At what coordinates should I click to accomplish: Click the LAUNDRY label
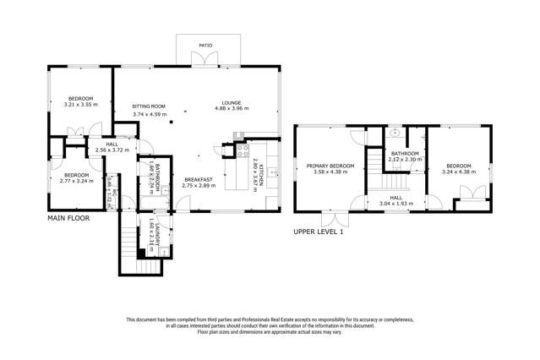(x=156, y=229)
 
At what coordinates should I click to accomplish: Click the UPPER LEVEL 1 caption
(x=319, y=231)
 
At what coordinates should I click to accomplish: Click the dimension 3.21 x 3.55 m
(x=80, y=106)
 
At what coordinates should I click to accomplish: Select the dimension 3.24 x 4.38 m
(x=459, y=172)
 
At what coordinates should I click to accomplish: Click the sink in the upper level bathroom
(x=394, y=134)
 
